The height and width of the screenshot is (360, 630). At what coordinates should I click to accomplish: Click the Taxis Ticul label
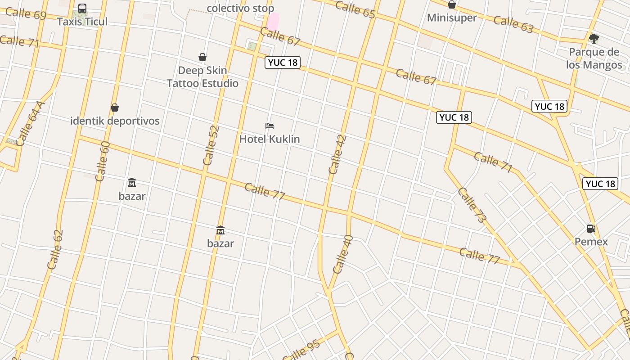(82, 22)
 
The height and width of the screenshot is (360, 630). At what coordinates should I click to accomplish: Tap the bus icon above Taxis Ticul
(82, 9)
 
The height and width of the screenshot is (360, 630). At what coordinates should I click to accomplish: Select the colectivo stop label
(240, 8)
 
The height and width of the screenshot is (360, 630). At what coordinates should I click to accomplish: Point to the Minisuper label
(452, 18)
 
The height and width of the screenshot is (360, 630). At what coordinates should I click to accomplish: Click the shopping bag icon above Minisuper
(452, 5)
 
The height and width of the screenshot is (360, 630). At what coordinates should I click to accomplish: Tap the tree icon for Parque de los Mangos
(594, 39)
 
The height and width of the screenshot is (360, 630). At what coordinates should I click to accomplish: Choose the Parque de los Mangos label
(594, 58)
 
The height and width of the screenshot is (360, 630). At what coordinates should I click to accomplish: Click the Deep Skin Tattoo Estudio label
(202, 77)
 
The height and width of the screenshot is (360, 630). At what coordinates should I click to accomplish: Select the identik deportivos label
(115, 121)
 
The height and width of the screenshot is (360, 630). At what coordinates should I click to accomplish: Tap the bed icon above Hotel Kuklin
(270, 126)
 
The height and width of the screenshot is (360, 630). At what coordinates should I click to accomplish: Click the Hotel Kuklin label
(270, 139)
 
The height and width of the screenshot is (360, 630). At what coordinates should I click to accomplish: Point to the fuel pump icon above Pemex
(591, 229)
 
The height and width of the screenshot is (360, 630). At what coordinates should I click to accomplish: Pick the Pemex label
(591, 242)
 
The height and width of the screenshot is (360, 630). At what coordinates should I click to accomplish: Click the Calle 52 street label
(211, 145)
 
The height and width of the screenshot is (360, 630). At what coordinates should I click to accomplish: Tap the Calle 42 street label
(337, 154)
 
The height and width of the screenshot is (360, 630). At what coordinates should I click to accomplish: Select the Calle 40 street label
(343, 254)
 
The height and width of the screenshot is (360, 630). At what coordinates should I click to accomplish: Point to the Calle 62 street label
(55, 250)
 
